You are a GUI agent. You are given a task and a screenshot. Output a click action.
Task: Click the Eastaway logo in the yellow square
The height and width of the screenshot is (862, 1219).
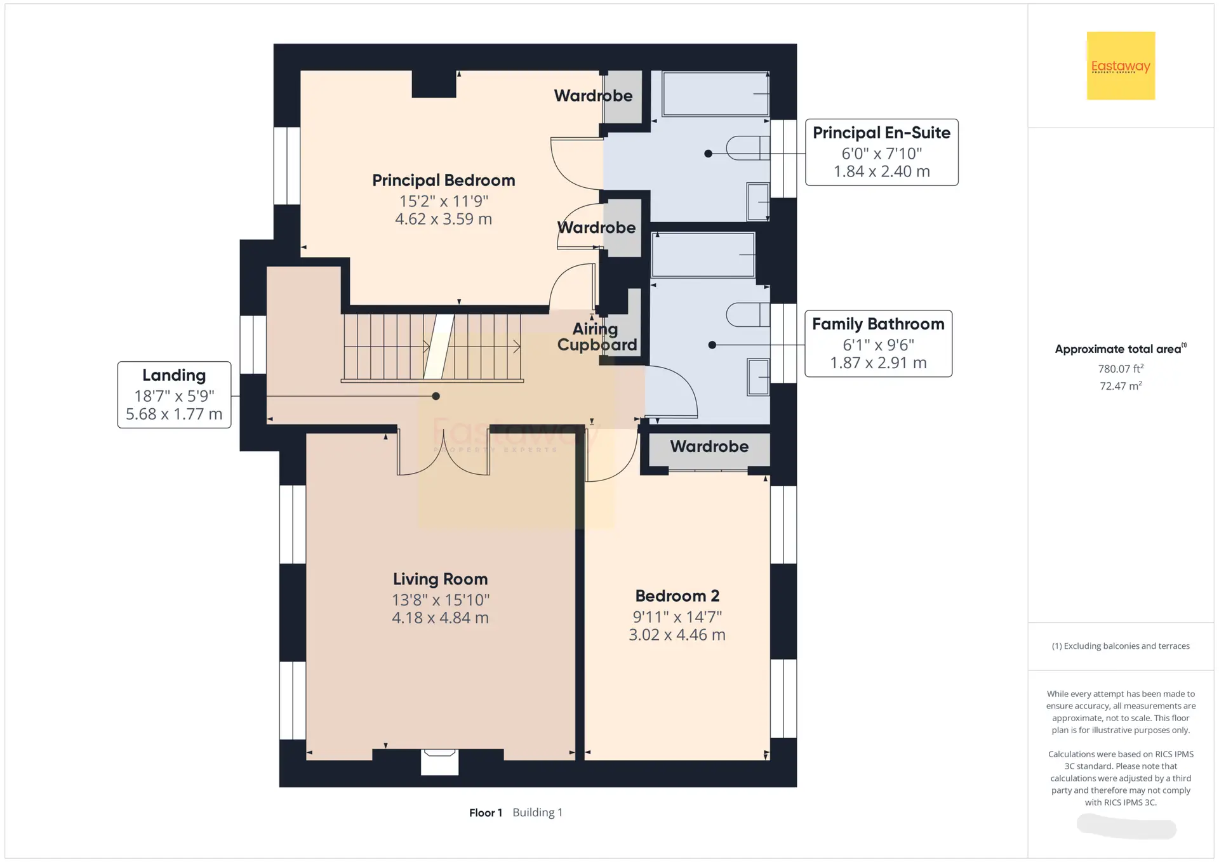pos(1121,66)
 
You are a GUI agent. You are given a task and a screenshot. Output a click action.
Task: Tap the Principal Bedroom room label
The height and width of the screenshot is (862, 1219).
pos(443,180)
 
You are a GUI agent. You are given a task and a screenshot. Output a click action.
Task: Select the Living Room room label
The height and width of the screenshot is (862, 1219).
pos(440,579)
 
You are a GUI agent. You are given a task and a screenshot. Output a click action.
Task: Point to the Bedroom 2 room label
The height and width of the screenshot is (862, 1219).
pos(677,596)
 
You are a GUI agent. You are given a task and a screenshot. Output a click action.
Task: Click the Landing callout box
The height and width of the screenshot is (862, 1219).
pos(174,395)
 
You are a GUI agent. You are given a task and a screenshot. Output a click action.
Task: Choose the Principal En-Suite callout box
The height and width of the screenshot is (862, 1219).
pos(881,152)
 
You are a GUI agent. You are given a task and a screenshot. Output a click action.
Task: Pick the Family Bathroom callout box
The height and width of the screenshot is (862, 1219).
pos(878,343)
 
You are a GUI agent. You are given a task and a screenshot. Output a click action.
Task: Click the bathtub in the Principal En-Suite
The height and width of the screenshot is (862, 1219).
pos(716,94)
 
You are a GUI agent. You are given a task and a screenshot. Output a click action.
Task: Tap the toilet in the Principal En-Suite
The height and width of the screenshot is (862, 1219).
pos(748,148)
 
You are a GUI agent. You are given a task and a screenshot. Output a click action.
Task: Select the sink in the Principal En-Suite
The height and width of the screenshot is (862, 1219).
pos(758,202)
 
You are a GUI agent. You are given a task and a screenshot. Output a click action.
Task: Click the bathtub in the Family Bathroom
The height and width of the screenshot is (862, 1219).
pos(703,255)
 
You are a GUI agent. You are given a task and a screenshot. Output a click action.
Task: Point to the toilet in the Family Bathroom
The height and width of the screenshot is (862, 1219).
pos(748,315)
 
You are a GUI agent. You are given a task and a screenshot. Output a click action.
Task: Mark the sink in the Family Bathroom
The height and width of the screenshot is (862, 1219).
pos(758,377)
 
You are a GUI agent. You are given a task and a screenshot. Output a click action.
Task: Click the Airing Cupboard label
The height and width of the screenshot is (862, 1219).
pos(597,337)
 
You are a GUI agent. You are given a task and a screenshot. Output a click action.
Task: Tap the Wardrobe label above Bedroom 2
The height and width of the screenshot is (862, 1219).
pos(709,446)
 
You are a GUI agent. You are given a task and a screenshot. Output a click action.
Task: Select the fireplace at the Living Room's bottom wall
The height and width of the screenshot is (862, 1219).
pos(439,762)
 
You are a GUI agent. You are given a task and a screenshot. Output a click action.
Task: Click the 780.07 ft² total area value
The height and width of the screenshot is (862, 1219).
pos(1121,368)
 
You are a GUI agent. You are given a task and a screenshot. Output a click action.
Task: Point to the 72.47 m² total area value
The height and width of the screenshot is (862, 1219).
pos(1121,385)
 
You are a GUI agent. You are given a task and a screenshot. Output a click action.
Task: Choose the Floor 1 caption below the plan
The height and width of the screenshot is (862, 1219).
pos(486,812)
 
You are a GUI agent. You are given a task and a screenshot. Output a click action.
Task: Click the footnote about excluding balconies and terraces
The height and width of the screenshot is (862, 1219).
pos(1121,646)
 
